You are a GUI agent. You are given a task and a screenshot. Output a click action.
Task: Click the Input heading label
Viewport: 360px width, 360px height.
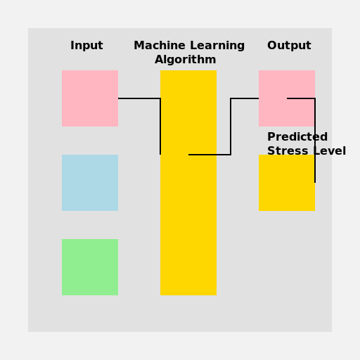pyautogui.click(x=86, y=46)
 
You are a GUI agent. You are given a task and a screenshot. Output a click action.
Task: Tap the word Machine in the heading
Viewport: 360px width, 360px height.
pyautogui.click(x=160, y=46)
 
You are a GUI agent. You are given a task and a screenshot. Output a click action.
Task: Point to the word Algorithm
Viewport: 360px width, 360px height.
pyautogui.click(x=185, y=60)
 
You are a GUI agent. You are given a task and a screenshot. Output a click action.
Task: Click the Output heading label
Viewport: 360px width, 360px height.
pyautogui.click(x=289, y=46)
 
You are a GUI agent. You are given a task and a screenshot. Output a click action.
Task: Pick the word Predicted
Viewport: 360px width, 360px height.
pyautogui.click(x=297, y=137)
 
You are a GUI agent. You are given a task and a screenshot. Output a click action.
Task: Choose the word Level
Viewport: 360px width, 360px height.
pyautogui.click(x=329, y=151)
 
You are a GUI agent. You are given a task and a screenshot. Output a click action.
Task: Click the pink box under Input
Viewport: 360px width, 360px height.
pyautogui.click(x=90, y=98)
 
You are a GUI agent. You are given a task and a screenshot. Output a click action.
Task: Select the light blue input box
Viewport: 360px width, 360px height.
pyautogui.click(x=90, y=183)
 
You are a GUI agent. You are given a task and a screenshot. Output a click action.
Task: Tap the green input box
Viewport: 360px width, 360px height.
pyautogui.click(x=90, y=267)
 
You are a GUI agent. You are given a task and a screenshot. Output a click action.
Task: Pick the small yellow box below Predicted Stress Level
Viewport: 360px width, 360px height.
pyautogui.click(x=286, y=186)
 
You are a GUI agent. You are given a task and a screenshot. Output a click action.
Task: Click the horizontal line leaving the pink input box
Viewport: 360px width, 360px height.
pyautogui.click(x=139, y=98)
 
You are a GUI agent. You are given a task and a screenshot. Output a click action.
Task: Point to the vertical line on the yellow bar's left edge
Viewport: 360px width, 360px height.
pyautogui.click(x=160, y=127)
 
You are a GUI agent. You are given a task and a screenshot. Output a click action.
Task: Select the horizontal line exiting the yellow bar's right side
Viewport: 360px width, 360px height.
pyautogui.click(x=210, y=155)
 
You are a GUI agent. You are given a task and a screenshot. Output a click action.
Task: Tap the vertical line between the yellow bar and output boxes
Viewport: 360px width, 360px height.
pyautogui.click(x=231, y=127)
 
